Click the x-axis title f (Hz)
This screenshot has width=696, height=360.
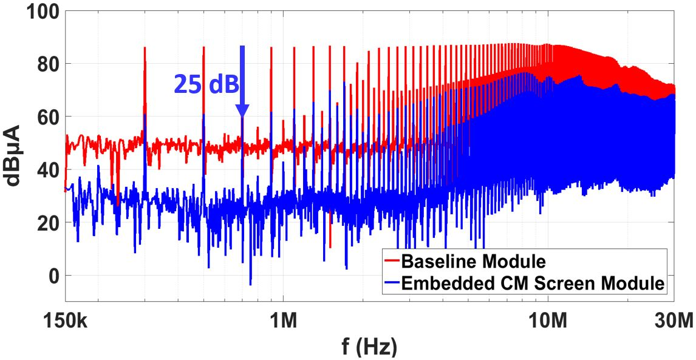pos(369,347)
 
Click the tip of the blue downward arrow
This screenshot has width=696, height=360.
pos(242,117)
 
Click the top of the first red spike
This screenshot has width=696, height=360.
pos(145,47)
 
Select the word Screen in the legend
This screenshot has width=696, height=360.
pos(579,284)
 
